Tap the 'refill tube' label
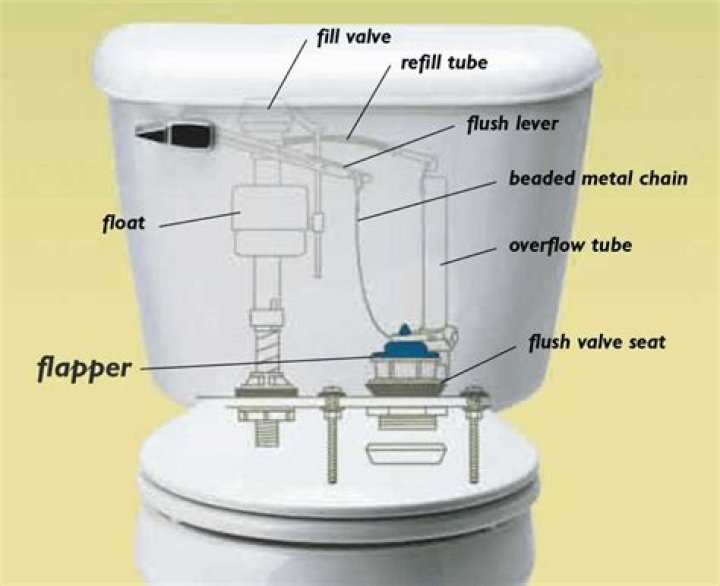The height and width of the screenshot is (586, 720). [x=444, y=63]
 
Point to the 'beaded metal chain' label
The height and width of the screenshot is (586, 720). [x=584, y=179]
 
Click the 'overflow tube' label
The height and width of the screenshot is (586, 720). [x=570, y=245]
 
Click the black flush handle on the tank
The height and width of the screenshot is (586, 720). [x=178, y=132]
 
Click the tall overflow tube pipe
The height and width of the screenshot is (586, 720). [x=439, y=250]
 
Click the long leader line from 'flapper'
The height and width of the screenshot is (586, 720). [x=260, y=363]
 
